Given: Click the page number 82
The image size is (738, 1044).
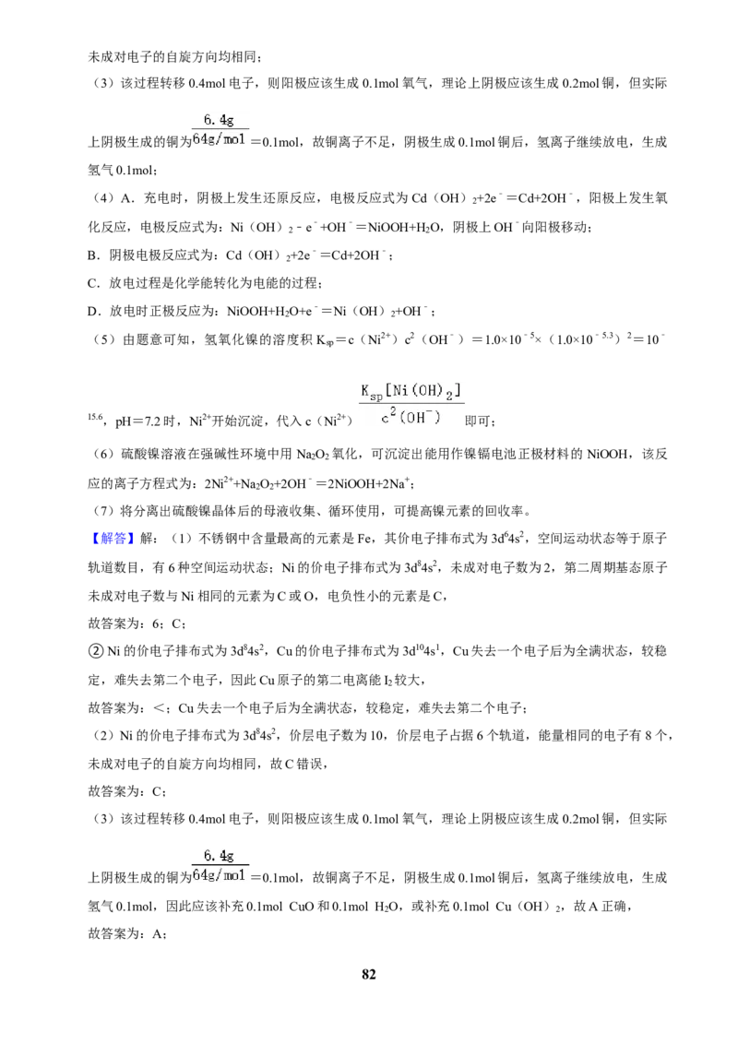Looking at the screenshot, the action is click(368, 974).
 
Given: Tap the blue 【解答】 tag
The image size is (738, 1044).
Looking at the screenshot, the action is click(111, 539).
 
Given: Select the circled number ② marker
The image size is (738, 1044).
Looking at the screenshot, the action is click(95, 650).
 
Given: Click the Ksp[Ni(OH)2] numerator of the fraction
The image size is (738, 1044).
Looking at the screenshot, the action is click(411, 391).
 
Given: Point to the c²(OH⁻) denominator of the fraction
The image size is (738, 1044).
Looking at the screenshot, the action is click(411, 418).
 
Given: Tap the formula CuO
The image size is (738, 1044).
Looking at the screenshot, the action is click(301, 907).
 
